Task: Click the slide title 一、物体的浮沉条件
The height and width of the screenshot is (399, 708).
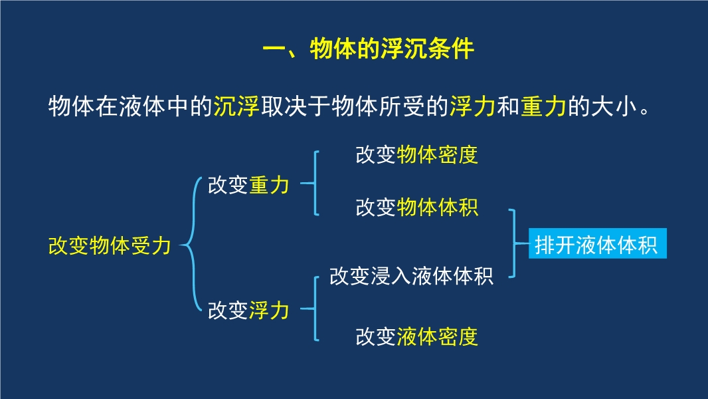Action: coord(368,49)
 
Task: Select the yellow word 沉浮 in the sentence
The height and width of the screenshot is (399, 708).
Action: coord(236,107)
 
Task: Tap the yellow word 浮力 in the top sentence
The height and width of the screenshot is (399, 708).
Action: coord(472,107)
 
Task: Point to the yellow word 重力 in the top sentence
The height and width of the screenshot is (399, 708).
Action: coord(543,107)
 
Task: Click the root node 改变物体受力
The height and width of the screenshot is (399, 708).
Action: coord(110,246)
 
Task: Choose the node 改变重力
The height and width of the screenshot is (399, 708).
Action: coord(248,186)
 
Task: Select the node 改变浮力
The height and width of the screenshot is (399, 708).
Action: coord(248,311)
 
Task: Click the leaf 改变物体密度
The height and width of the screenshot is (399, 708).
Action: coord(416,155)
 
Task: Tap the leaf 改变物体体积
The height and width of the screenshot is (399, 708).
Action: coord(416,207)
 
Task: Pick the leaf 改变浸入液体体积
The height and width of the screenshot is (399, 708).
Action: coord(411,276)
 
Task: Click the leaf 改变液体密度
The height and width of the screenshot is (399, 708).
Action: coord(416,336)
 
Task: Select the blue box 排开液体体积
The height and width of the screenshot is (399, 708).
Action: coord(597,243)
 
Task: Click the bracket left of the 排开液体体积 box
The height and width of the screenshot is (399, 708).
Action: coord(515,243)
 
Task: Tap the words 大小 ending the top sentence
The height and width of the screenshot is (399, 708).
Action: coord(614,107)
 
